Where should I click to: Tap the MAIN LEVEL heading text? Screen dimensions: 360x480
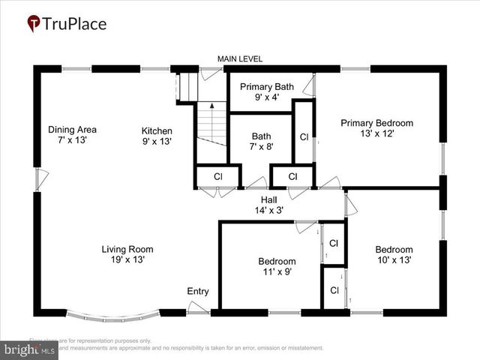tap(240, 59)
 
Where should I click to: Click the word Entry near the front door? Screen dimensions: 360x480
tap(198, 292)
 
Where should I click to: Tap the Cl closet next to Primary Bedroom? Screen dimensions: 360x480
tap(304, 137)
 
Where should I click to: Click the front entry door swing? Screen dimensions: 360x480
tap(198, 307)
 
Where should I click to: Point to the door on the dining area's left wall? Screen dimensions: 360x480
tap(42, 179)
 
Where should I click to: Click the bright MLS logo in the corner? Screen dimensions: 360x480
tap(30, 349)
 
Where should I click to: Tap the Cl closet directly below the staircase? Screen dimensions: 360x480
tap(217, 176)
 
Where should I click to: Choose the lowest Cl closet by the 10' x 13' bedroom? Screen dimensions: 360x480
tap(334, 290)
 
